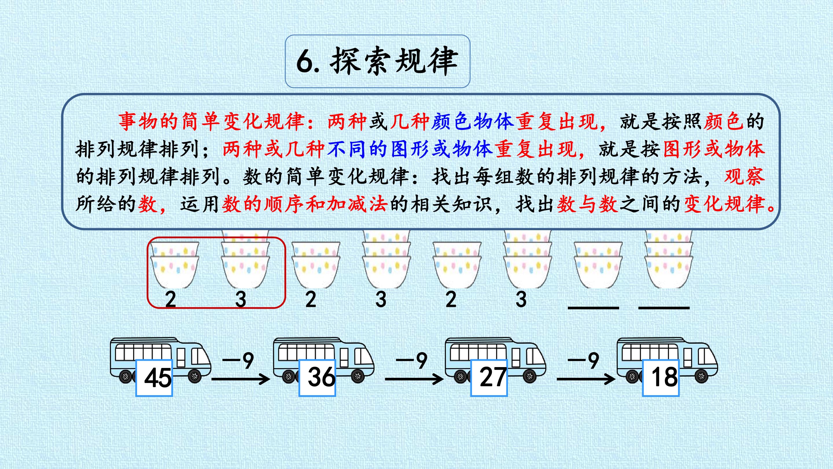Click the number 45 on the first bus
[158, 378]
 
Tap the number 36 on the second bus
[321, 377]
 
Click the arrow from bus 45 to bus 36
[241, 379]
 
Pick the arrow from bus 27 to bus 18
[586, 379]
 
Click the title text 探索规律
[394, 61]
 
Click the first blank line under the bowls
[594, 307]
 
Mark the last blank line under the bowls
[664, 307]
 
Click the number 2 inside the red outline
[170, 299]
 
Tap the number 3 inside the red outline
[241, 299]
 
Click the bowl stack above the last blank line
[668, 259]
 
